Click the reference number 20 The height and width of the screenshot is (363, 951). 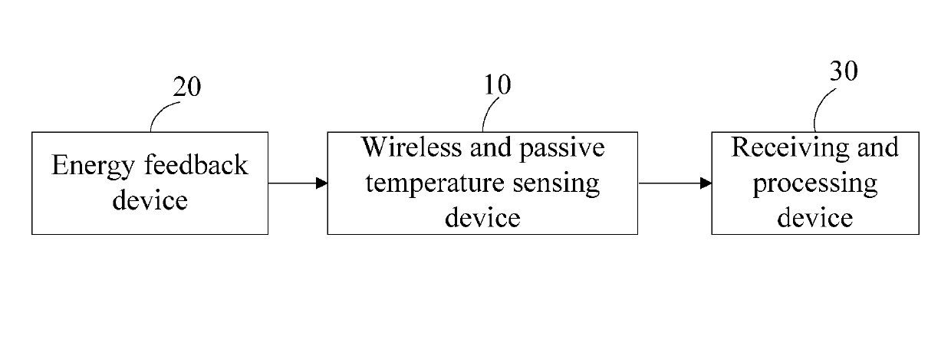pyautogui.click(x=186, y=87)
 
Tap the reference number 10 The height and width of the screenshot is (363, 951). pyautogui.click(x=497, y=84)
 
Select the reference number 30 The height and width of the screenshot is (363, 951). pyautogui.click(x=843, y=71)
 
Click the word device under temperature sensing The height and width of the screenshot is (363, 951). pyautogui.click(x=482, y=218)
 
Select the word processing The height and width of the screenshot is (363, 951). pyautogui.click(x=814, y=184)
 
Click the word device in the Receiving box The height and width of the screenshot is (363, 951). pyautogui.click(x=814, y=218)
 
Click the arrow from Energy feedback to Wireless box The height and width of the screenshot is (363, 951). pyautogui.click(x=298, y=183)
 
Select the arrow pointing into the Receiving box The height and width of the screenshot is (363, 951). pyautogui.click(x=674, y=183)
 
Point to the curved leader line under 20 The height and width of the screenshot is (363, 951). pyautogui.click(x=160, y=115)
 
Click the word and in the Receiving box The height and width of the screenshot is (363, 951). pyautogui.click(x=877, y=147)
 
